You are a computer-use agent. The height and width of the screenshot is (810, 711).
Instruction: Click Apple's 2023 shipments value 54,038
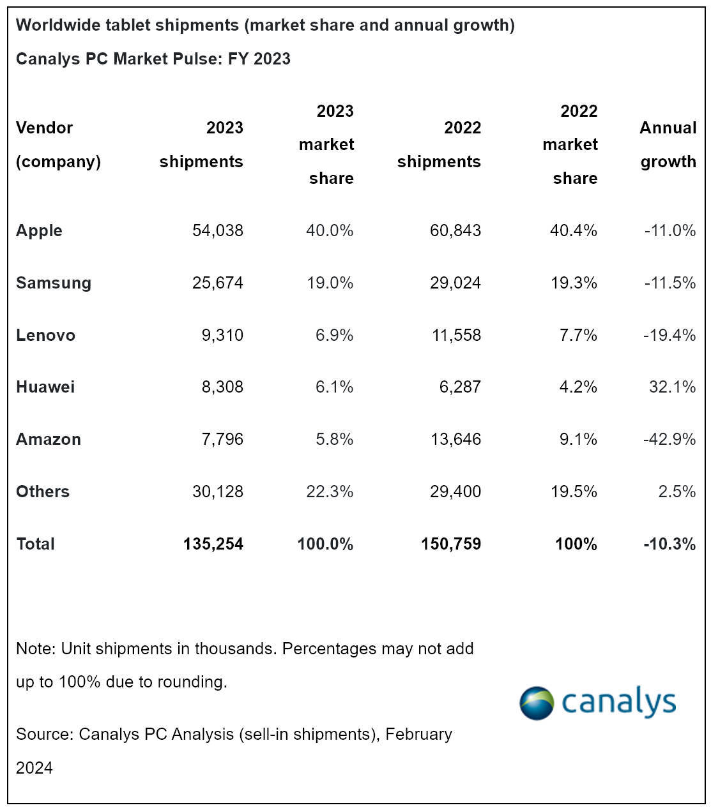click(x=217, y=230)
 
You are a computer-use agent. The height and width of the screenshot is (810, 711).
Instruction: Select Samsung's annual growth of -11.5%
click(x=669, y=283)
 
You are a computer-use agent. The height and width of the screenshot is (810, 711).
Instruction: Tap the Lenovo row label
click(x=45, y=335)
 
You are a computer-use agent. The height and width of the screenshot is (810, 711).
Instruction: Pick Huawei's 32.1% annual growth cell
click(x=672, y=387)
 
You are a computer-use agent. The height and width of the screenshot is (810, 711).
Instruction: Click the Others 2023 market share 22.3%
click(x=330, y=491)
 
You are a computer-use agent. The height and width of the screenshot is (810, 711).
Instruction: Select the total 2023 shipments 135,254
click(x=213, y=544)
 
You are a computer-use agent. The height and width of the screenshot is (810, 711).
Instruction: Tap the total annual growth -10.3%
click(x=669, y=544)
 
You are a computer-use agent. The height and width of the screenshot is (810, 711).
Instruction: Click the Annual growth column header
click(x=668, y=144)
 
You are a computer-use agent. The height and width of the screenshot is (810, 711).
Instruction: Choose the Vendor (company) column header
click(x=58, y=144)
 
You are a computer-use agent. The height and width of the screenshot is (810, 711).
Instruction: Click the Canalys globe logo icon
click(x=537, y=703)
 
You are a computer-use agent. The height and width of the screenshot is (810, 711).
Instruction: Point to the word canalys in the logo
click(x=618, y=702)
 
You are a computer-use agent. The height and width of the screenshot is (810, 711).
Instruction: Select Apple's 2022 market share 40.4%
click(x=573, y=230)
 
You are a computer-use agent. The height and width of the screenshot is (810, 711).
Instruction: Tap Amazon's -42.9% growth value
click(x=669, y=439)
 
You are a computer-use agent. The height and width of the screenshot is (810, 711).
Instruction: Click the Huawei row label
click(x=45, y=387)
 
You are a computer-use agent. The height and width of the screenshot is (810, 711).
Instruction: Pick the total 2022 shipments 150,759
click(x=450, y=544)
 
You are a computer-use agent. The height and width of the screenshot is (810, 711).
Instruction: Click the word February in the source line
click(x=418, y=734)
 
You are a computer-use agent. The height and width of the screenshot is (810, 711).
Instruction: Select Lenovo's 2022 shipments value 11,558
click(x=456, y=335)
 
